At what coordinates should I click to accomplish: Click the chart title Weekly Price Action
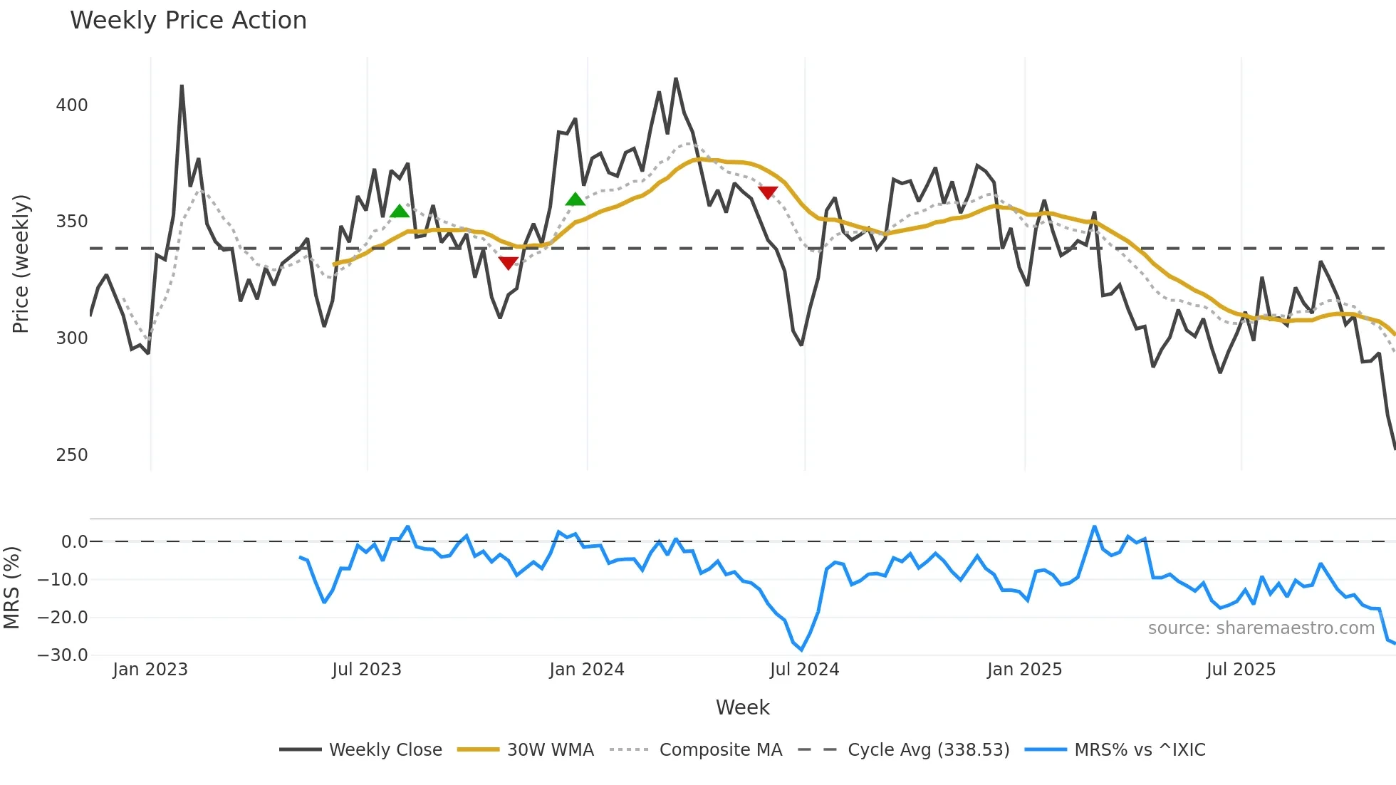click(188, 21)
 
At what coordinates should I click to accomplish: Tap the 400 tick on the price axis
click(72, 105)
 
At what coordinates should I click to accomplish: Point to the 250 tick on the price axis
click(72, 455)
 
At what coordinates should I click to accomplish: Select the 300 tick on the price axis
click(72, 338)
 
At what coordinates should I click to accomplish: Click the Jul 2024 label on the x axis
click(804, 670)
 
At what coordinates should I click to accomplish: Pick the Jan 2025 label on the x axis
click(1024, 670)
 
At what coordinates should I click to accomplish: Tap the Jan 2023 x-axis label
click(150, 670)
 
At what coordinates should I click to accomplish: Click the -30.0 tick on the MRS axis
click(63, 655)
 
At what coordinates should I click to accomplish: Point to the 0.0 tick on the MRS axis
click(74, 542)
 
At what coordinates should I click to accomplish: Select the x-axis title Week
click(742, 707)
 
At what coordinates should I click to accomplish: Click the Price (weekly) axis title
click(21, 264)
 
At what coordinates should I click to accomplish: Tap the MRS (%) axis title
click(11, 588)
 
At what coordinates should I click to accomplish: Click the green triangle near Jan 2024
click(575, 199)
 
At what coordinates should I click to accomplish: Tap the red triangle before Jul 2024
click(768, 192)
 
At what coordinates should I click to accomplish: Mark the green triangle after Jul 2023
click(400, 211)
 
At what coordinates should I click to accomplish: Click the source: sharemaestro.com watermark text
click(1261, 628)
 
